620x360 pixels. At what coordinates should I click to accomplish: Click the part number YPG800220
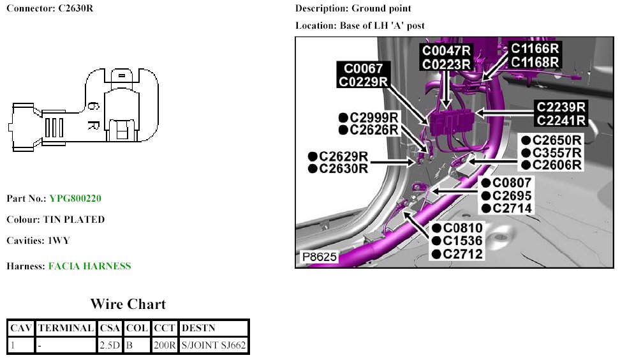point(75,199)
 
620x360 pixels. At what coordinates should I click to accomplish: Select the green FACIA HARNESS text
point(89,266)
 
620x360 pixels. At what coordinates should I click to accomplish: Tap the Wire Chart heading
point(128,304)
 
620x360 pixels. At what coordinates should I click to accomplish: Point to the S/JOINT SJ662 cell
point(214,345)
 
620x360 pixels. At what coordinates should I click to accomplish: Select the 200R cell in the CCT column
point(164,345)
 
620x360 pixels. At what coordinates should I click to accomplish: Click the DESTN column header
point(198,328)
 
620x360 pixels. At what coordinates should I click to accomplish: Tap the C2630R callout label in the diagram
point(343,169)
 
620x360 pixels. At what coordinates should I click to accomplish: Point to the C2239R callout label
point(561,107)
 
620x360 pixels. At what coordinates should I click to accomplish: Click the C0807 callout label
point(512,182)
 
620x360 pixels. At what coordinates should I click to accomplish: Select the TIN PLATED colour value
point(73,220)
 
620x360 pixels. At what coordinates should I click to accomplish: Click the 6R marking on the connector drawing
point(92,115)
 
